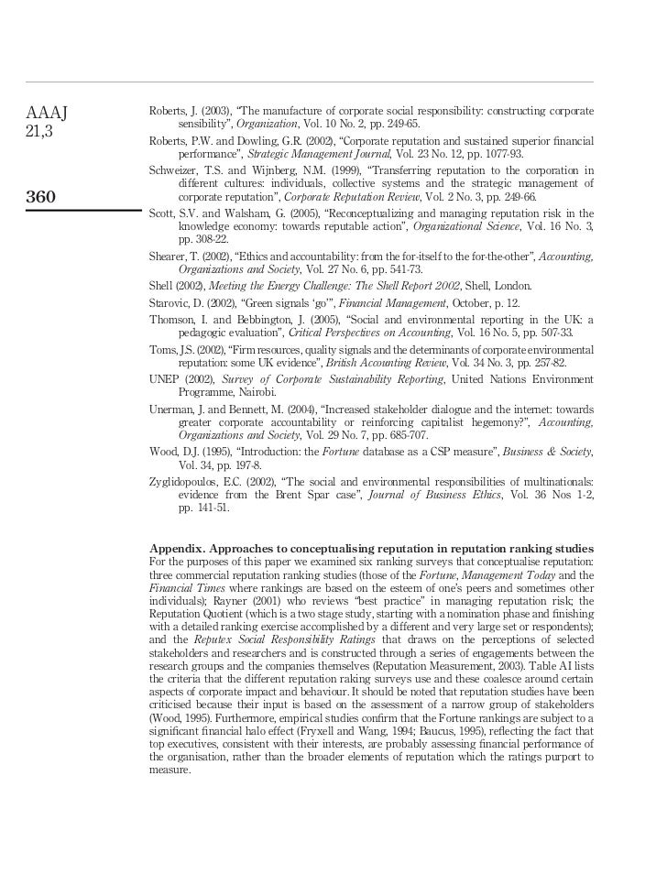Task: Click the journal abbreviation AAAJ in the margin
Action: coord(48,114)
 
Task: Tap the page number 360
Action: coord(41,196)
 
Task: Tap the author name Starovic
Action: coord(169,303)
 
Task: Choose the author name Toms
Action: coord(162,350)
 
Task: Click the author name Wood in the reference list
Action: coord(163,452)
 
